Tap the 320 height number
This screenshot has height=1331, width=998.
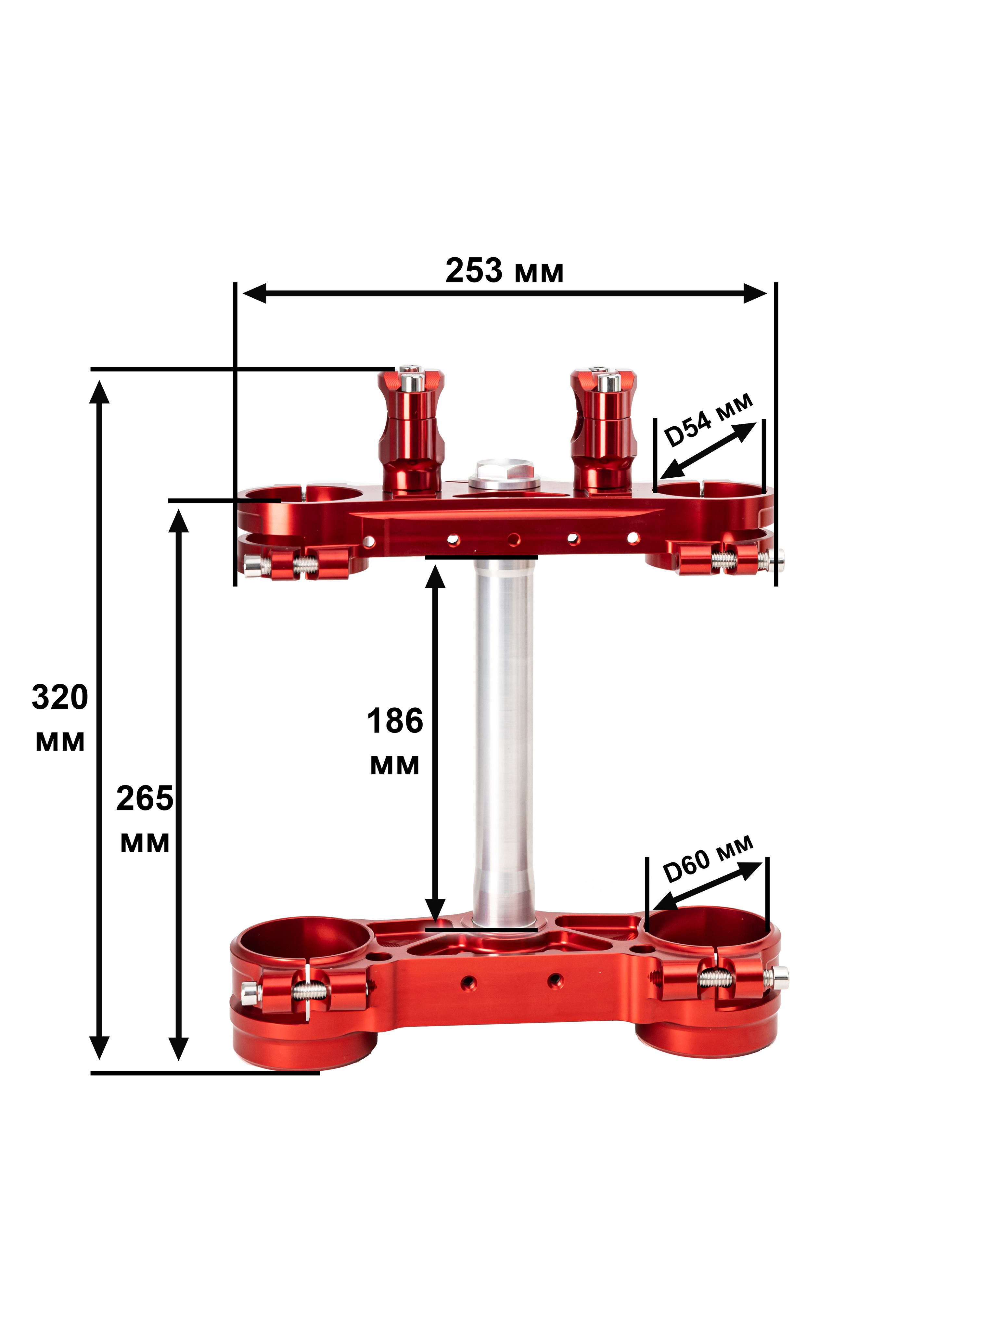coord(59,697)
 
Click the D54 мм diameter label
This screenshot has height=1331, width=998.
coord(708,420)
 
